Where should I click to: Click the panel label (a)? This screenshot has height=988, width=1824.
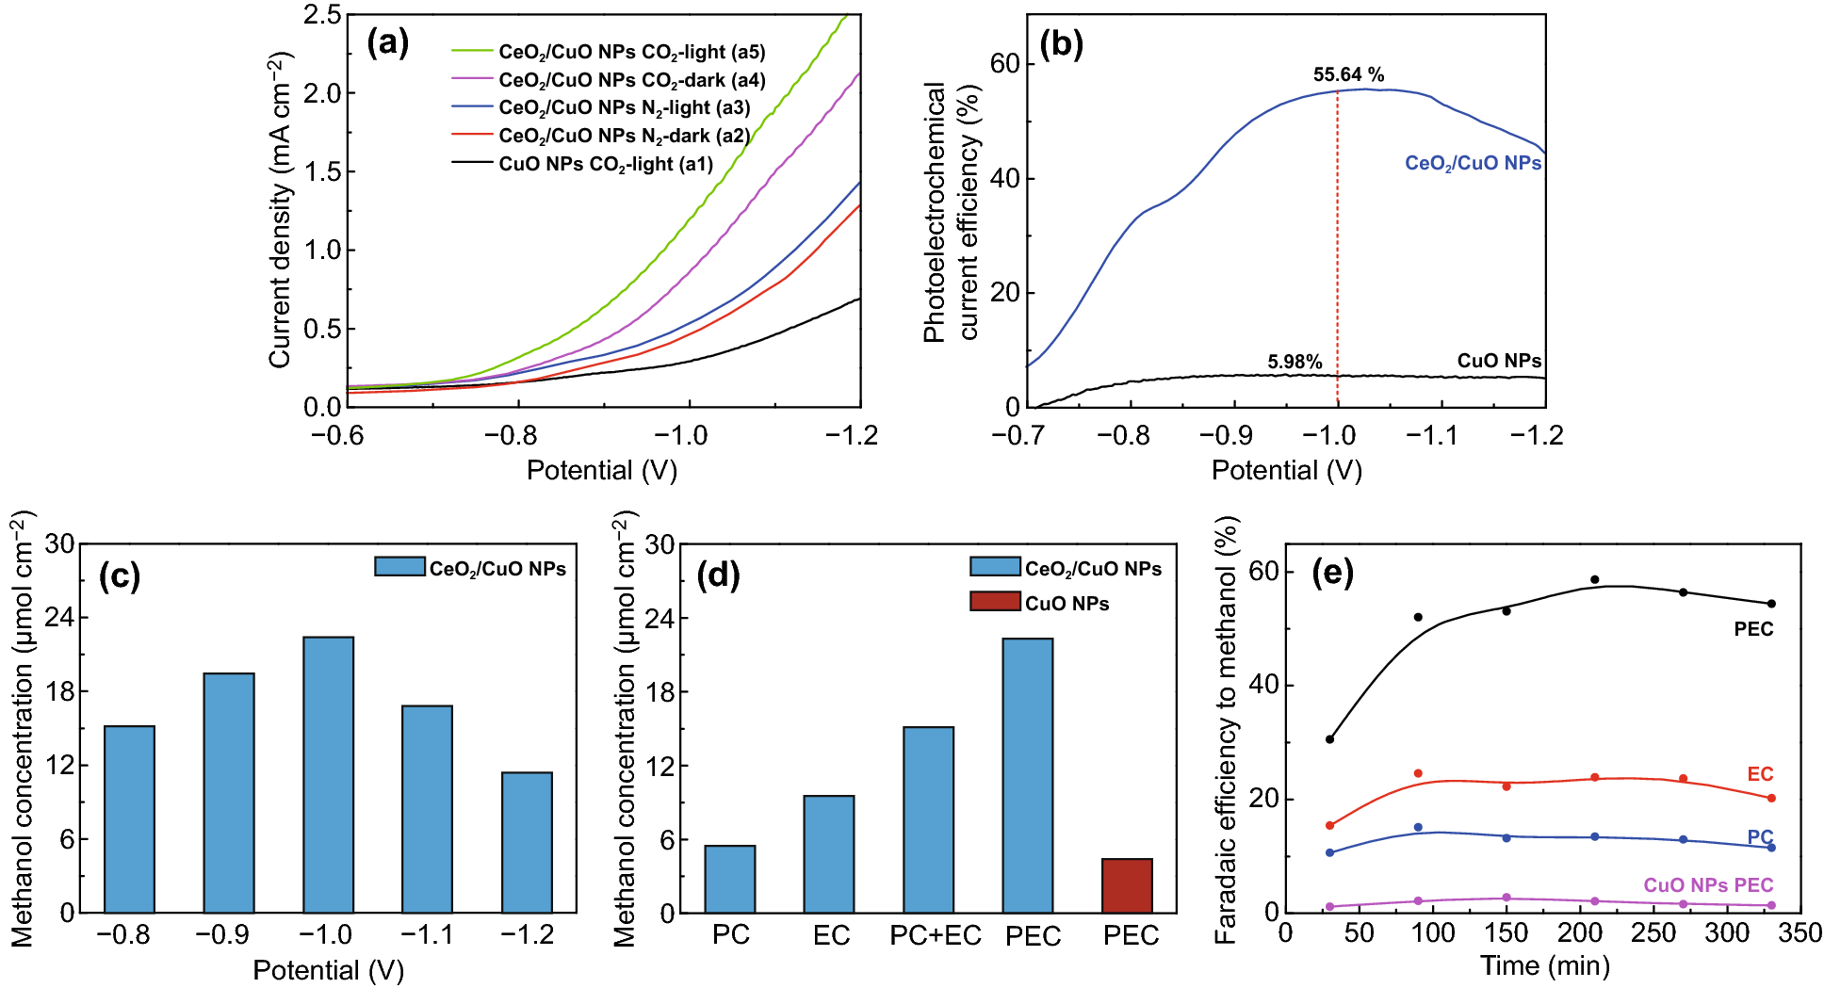coord(387,42)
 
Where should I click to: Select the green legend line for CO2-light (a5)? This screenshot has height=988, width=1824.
coord(472,51)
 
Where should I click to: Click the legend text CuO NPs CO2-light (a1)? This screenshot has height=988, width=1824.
coord(605,164)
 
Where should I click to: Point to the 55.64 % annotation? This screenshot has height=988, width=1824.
coord(1348,74)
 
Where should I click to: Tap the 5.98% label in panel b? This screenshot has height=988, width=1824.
coord(1295,362)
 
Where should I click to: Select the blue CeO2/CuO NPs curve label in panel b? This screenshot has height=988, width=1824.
coord(1473,163)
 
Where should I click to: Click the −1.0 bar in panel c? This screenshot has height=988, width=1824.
coord(328,774)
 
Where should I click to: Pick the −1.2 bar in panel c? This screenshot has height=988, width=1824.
coord(527,842)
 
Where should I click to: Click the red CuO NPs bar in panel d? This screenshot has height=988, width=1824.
coord(1127,885)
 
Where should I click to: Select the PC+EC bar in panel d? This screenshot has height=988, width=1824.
coord(928,819)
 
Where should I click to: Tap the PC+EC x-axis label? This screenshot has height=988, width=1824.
coord(935,935)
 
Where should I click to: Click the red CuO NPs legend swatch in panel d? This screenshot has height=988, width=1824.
coord(995,601)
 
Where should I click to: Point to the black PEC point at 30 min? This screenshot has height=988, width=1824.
coord(1329,739)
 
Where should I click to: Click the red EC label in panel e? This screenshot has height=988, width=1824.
coord(1760,774)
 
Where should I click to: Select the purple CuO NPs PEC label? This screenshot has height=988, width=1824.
coord(1708,885)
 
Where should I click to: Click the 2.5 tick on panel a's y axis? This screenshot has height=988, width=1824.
coord(321,14)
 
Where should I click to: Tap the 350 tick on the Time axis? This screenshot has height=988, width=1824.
coord(1800,932)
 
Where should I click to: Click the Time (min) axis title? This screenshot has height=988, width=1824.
coord(1544,965)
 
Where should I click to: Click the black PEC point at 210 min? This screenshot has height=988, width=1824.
coord(1594,580)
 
